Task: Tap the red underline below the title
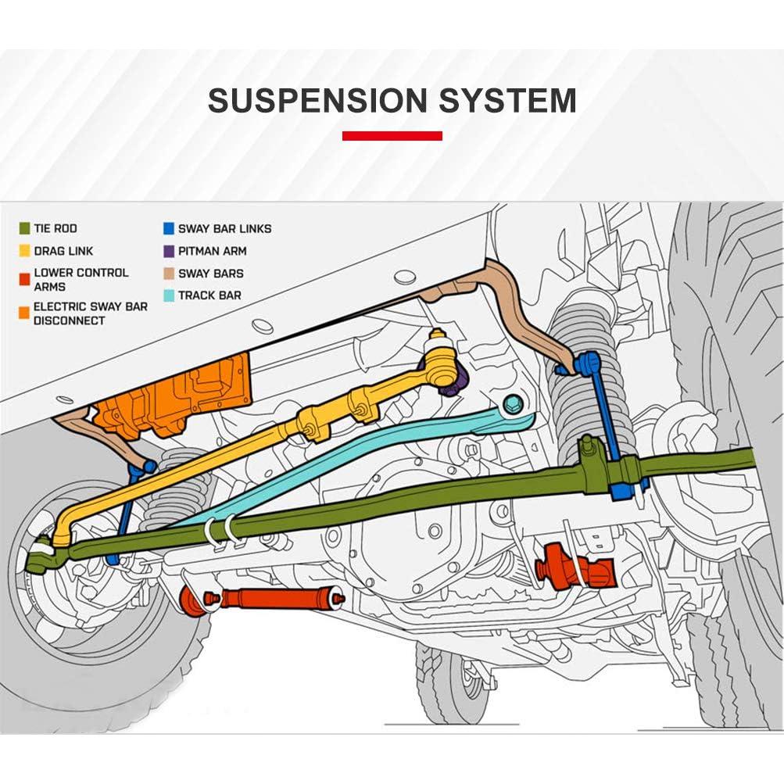click(x=392, y=136)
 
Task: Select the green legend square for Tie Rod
click(x=24, y=228)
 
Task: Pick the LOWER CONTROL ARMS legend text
click(x=81, y=280)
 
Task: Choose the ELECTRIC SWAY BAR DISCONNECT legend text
click(x=90, y=313)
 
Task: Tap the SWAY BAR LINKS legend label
click(x=224, y=229)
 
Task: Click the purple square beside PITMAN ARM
click(x=167, y=251)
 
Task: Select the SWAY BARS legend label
click(x=210, y=274)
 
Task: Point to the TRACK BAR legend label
click(x=209, y=295)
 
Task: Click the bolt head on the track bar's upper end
click(x=514, y=405)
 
